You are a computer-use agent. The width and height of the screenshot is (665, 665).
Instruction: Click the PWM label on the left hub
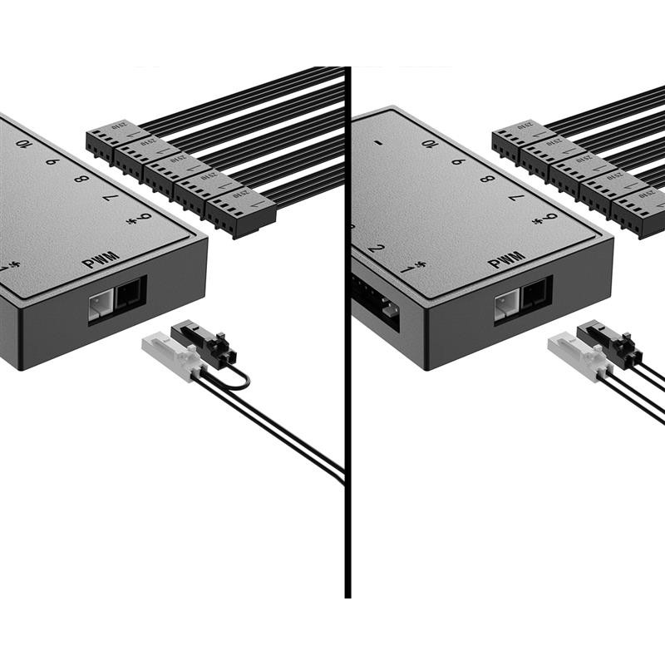point(101,261)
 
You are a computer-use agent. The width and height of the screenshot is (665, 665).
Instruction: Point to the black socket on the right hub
point(534,293)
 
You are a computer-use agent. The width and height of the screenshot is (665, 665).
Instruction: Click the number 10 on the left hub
point(24,144)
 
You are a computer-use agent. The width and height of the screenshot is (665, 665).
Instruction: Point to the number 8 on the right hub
point(487,179)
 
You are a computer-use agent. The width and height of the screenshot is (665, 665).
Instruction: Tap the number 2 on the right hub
point(376,249)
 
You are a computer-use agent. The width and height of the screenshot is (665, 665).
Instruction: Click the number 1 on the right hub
point(406,268)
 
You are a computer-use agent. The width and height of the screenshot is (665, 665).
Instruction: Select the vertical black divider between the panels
point(347,332)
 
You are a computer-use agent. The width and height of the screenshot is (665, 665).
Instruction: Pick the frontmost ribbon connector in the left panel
point(242,211)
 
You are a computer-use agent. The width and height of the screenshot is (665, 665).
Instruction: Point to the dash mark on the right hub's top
point(378,142)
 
